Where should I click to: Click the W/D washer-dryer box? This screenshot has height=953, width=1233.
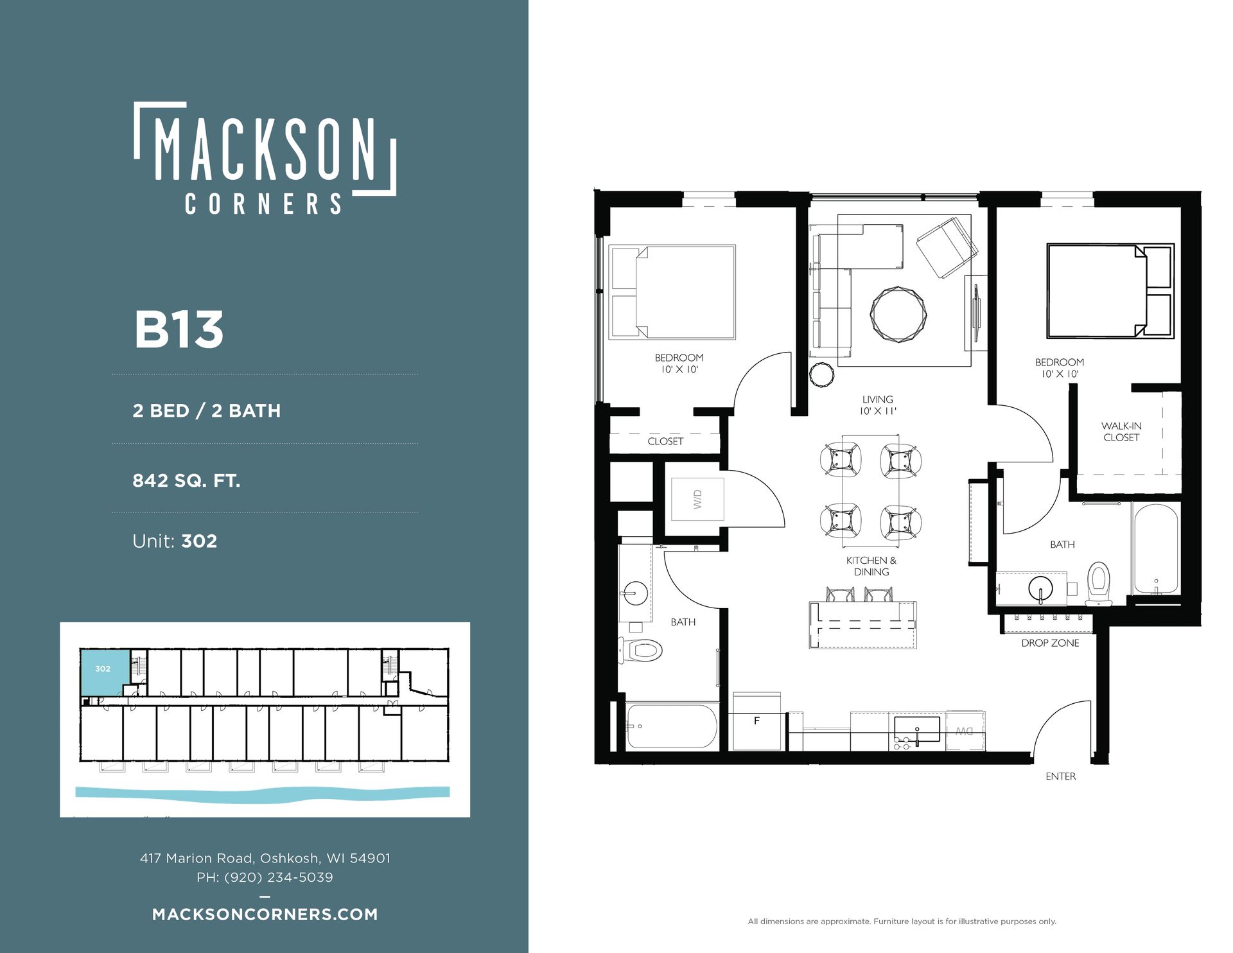pos(697,499)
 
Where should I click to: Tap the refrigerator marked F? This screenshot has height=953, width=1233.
pos(757,721)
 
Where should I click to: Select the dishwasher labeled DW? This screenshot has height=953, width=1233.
pos(965,730)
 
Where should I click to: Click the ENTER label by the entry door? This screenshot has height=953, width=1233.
pos(1060,776)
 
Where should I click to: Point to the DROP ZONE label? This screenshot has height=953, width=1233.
pos(1050,643)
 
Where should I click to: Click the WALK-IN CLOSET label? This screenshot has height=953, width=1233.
pos(1121,432)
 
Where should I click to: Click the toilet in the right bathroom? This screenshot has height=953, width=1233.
pos(1098,584)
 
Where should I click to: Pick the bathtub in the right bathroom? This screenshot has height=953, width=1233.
pos(1155,548)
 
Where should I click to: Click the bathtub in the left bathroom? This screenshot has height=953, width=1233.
pos(672,726)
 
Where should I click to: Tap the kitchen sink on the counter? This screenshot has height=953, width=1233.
pos(917,730)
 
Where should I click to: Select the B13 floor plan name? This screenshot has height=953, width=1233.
pos(179,329)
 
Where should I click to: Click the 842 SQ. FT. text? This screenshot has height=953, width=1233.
pos(186,480)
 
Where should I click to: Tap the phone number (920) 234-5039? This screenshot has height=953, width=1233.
pos(279,877)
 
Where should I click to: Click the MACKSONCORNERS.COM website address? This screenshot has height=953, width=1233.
pos(265,914)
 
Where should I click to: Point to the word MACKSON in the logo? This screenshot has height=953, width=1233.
pos(265,148)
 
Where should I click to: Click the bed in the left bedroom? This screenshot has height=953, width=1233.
pos(672,292)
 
